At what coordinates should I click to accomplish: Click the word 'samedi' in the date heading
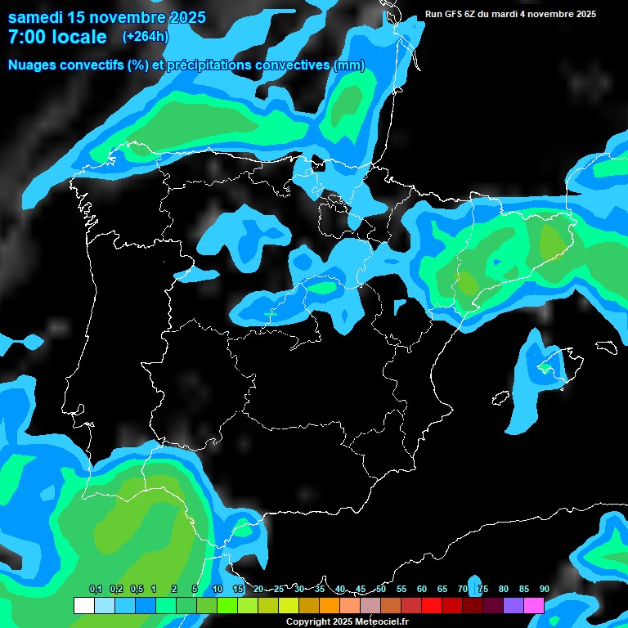pos(36,17)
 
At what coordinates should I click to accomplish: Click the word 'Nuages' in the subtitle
pos(34,65)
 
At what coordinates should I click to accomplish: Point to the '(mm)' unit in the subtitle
pos(349,65)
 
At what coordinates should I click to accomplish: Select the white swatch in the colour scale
pos(83,605)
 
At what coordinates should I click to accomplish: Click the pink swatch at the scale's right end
pos(534,605)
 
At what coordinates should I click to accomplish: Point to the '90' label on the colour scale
pos(544,589)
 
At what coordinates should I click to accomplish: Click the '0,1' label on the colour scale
pos(95,589)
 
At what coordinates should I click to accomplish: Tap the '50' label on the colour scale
pos(381,589)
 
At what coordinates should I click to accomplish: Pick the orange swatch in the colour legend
pos(330,605)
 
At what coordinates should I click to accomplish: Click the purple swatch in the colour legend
pos(514,605)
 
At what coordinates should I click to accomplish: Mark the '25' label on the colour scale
pos(279,589)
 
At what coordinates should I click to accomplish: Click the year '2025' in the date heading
pos(186,17)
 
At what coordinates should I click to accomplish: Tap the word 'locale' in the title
pos(79,37)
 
